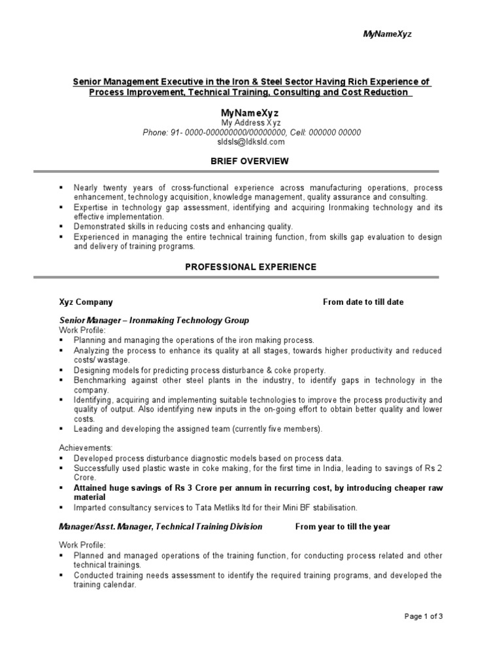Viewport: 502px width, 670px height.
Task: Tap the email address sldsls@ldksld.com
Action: tap(251, 141)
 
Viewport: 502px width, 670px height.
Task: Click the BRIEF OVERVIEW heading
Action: tap(250, 161)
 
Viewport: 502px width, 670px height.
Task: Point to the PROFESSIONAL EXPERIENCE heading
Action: tap(250, 267)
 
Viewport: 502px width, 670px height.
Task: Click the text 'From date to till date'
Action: tap(363, 302)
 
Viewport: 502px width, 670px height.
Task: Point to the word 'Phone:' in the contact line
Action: tap(156, 132)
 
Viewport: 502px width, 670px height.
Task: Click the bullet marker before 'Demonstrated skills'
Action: tap(61, 226)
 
